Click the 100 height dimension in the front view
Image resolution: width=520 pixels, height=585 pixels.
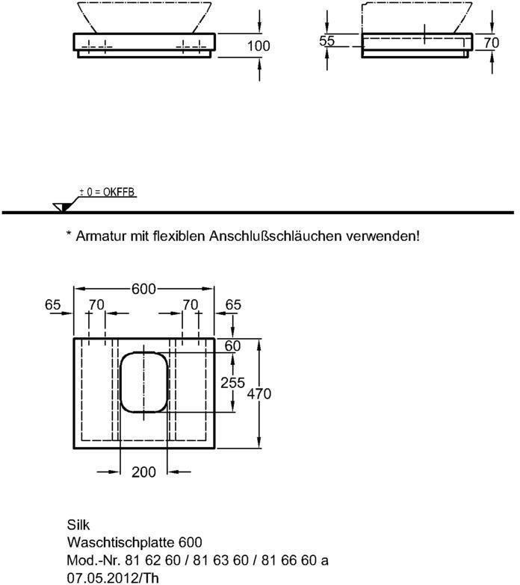point(259,46)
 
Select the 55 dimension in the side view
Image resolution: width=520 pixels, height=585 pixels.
point(327,42)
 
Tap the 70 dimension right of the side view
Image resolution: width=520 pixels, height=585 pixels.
point(491,43)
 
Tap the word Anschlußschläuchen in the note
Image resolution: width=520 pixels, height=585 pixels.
point(275,236)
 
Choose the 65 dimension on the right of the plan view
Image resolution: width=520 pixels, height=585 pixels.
point(233,304)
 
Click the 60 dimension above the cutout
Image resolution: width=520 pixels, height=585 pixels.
point(232,345)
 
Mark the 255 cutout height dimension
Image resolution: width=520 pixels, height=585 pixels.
point(233,382)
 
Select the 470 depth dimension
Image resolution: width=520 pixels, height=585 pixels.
point(259,393)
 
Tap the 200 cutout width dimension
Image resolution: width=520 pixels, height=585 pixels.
point(143,472)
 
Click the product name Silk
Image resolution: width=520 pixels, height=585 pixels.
point(78,525)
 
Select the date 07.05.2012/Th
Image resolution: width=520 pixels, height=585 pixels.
point(113,577)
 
